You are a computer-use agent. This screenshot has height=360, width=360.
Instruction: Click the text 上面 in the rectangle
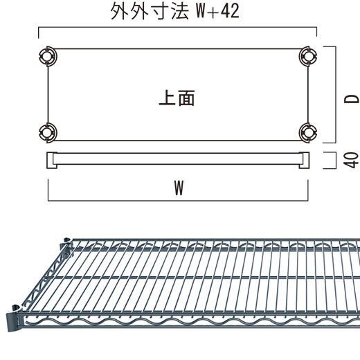point(177,98)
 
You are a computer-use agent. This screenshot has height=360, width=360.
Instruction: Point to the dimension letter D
point(352,99)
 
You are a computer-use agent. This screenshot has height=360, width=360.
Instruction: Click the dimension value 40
point(351,160)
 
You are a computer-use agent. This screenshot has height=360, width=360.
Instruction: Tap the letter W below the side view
point(179,188)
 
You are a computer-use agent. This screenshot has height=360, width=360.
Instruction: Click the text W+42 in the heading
point(217,11)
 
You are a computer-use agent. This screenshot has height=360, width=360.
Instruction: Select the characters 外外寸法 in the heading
point(150,11)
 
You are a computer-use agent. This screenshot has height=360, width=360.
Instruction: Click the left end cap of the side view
point(52,160)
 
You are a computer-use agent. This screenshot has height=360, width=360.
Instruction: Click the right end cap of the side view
point(304,160)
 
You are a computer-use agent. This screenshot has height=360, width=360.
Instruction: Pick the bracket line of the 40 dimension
point(335,160)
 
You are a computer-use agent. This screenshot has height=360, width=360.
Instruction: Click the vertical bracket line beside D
point(336,95)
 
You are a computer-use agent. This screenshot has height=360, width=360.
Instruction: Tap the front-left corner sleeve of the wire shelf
point(15,318)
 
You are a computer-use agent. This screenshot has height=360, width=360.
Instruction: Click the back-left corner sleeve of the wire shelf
point(66,244)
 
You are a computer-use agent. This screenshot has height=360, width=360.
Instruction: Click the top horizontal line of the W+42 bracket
point(178,27)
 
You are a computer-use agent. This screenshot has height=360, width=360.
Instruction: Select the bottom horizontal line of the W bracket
point(178,201)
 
